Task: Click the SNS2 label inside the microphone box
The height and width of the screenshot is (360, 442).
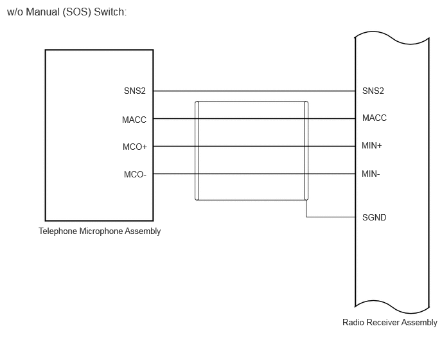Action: [x=135, y=91]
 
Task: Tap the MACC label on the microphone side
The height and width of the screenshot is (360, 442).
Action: [x=134, y=120]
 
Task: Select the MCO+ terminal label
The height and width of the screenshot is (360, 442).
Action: [x=135, y=147]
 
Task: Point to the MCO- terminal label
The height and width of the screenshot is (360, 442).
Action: [x=135, y=174]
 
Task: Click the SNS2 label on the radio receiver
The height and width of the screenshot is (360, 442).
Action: [x=373, y=91]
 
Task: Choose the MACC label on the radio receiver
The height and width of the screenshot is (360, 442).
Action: [x=375, y=118]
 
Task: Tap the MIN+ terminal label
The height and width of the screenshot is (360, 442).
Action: [x=372, y=145]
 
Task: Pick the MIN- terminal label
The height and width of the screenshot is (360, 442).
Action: [x=371, y=174]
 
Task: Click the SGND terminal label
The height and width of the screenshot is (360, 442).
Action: [x=374, y=217]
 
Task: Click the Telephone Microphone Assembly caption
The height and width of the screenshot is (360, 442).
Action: [x=100, y=231]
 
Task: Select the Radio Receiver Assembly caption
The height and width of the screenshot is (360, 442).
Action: [x=389, y=322]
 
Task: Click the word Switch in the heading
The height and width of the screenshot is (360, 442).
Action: [x=110, y=12]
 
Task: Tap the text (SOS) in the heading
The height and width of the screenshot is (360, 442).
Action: [x=76, y=12]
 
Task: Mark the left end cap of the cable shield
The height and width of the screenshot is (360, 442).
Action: [x=197, y=150]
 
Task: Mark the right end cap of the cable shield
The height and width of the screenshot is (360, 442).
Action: [x=306, y=150]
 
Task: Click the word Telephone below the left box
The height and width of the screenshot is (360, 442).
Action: [x=58, y=231]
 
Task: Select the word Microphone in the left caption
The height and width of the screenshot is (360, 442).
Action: [x=101, y=231]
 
